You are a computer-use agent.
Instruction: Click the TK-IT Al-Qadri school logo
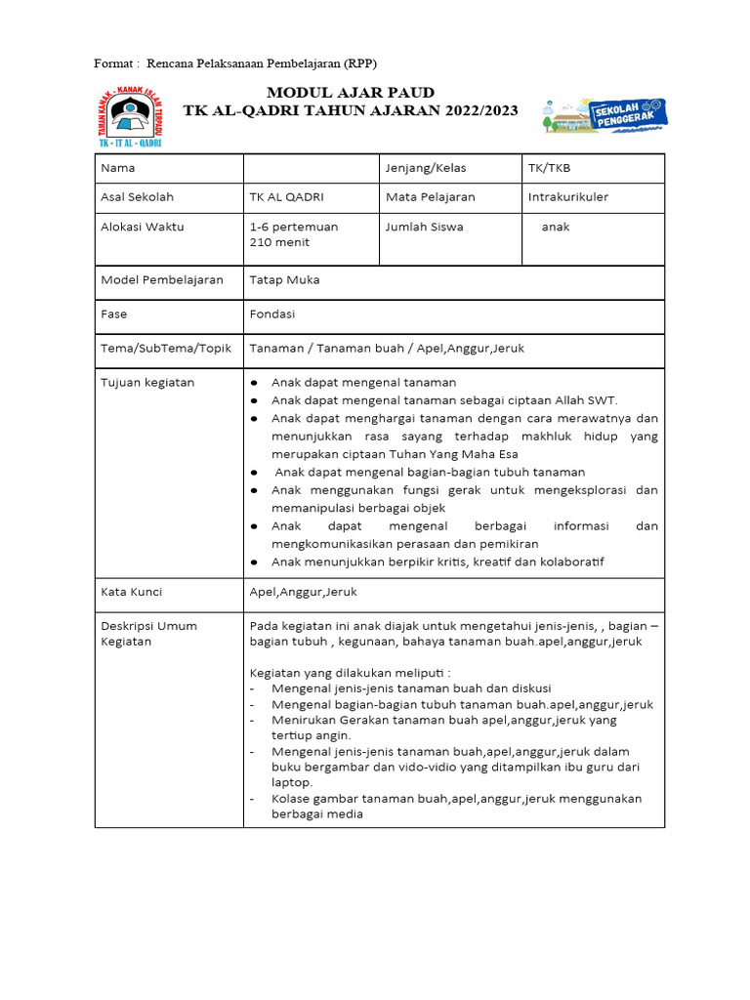pyautogui.click(x=130, y=116)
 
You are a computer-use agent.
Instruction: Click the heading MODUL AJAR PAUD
pyautogui.click(x=352, y=92)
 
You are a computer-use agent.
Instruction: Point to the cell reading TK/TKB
pyautogui.click(x=549, y=168)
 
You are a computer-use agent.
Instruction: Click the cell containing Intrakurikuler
pyautogui.click(x=567, y=197)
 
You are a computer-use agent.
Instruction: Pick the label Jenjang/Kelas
pyautogui.click(x=426, y=168)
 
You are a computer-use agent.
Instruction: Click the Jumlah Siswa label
pyautogui.click(x=425, y=227)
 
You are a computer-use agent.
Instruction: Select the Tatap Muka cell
pyautogui.click(x=284, y=280)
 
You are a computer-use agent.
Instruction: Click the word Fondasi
pyautogui.click(x=271, y=314)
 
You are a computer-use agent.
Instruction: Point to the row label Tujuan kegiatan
pyautogui.click(x=147, y=383)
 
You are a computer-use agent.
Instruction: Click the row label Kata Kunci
pyautogui.click(x=132, y=592)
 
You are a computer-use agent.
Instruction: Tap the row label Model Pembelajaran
pyautogui.click(x=162, y=280)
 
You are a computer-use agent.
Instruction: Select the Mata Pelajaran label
pyautogui.click(x=431, y=197)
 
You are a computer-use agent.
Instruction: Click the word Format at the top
pyautogui.click(x=113, y=63)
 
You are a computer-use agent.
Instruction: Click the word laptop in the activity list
pyautogui.click(x=292, y=782)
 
